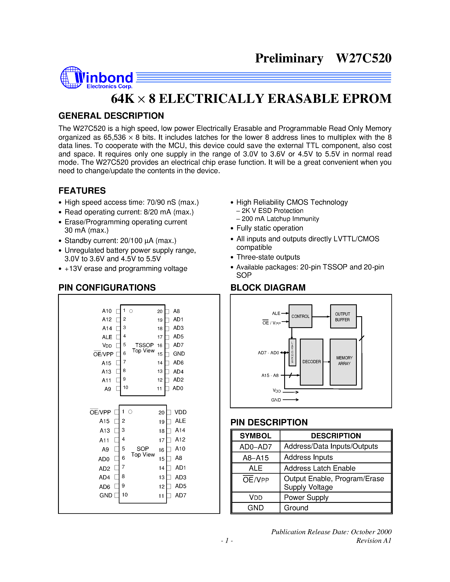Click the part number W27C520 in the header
(363, 58)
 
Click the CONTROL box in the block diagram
(300, 316)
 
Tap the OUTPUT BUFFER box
(343, 317)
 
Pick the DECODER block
(311, 362)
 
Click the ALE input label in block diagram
(276, 313)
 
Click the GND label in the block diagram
(276, 400)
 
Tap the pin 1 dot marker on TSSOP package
(131, 311)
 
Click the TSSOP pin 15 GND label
(179, 354)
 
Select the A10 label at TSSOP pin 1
(107, 311)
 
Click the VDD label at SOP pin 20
(180, 412)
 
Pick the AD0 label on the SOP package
(104, 459)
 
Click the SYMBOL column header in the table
(255, 436)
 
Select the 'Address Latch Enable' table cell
(320, 468)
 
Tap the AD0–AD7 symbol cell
(255, 447)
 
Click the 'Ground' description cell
(296, 508)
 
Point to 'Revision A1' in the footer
(374, 541)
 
